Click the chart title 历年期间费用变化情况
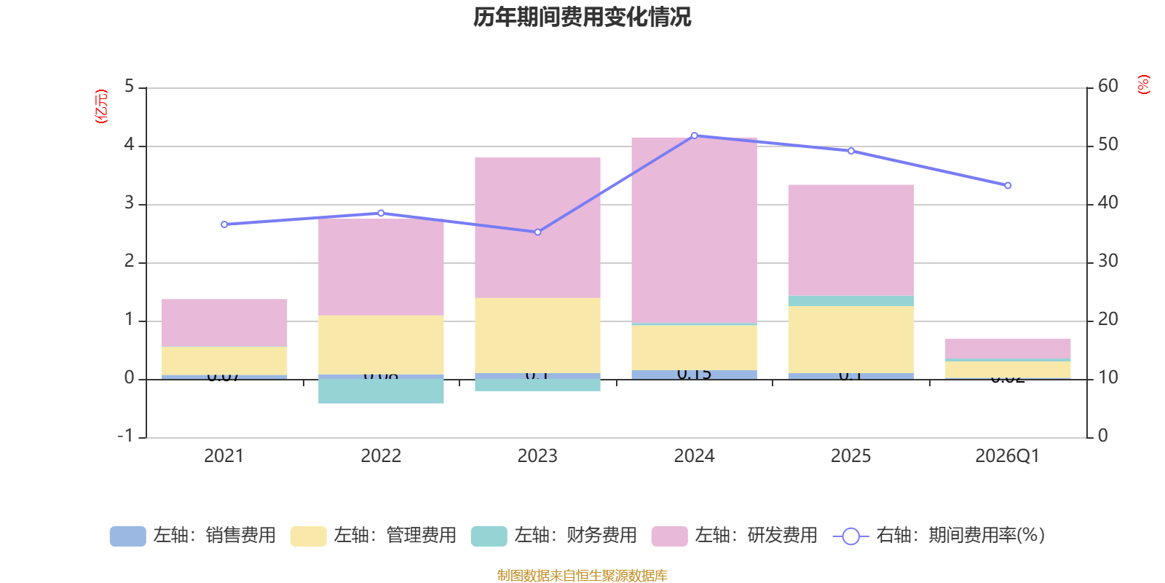(582, 17)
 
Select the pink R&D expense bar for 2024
(694, 230)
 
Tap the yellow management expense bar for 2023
(537, 335)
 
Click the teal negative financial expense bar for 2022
(381, 391)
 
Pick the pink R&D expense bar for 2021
(224, 322)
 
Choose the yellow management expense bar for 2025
(850, 339)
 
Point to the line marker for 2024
(694, 136)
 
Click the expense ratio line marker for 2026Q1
(1008, 186)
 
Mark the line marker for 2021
(224, 224)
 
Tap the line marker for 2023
(537, 232)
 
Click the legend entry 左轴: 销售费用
(193, 536)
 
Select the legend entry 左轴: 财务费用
(554, 536)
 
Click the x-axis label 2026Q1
(1007, 456)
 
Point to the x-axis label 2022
(381, 456)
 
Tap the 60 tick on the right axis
(1107, 86)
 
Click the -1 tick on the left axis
(125, 436)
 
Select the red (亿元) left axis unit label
(101, 106)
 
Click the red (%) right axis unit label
(1144, 85)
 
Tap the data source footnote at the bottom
(582, 576)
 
